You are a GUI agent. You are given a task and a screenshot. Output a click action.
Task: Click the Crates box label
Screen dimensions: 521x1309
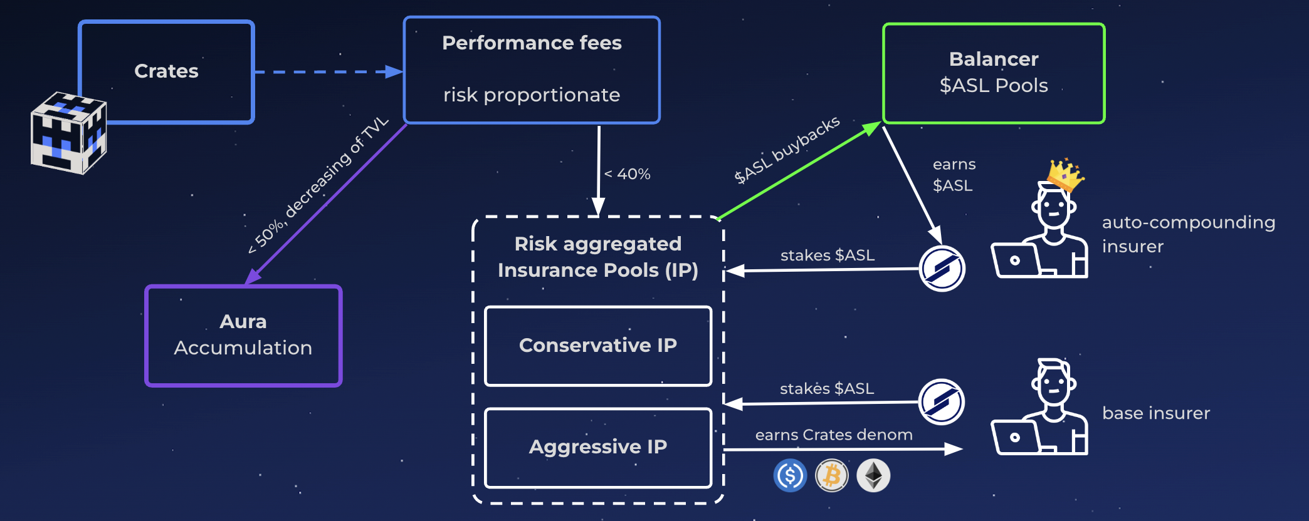[166, 71]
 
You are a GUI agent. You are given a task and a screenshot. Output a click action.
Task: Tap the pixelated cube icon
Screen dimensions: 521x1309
[68, 133]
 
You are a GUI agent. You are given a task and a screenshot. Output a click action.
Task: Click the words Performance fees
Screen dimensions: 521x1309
[532, 43]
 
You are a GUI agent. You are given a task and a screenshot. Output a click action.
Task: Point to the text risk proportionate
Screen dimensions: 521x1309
[532, 95]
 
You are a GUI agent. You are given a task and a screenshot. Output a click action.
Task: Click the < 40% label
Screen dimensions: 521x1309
[628, 174]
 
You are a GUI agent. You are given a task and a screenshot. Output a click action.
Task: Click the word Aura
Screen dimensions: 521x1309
[243, 321]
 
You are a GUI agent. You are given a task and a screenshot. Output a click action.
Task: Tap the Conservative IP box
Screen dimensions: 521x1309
[598, 346]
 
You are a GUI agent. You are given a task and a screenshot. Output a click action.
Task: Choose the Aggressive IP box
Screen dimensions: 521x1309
[598, 447]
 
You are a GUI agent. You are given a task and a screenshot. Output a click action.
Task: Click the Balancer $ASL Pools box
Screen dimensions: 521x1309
[994, 73]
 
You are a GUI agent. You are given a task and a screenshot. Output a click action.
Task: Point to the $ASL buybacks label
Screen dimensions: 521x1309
[787, 150]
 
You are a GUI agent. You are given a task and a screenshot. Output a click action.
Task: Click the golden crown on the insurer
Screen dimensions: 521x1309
[1065, 174]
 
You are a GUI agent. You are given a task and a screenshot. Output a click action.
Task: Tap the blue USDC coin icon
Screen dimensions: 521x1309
[790, 475]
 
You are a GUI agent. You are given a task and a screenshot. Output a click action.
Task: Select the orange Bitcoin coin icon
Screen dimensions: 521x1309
[832, 475]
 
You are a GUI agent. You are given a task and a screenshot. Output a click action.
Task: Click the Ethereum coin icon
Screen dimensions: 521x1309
[873, 475]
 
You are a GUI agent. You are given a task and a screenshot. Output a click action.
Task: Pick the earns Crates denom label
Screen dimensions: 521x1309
[834, 435]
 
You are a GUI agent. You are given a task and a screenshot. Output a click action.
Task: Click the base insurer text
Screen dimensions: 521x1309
[1156, 413]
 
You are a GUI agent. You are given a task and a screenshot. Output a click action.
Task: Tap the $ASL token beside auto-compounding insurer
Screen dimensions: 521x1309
[942, 269]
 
